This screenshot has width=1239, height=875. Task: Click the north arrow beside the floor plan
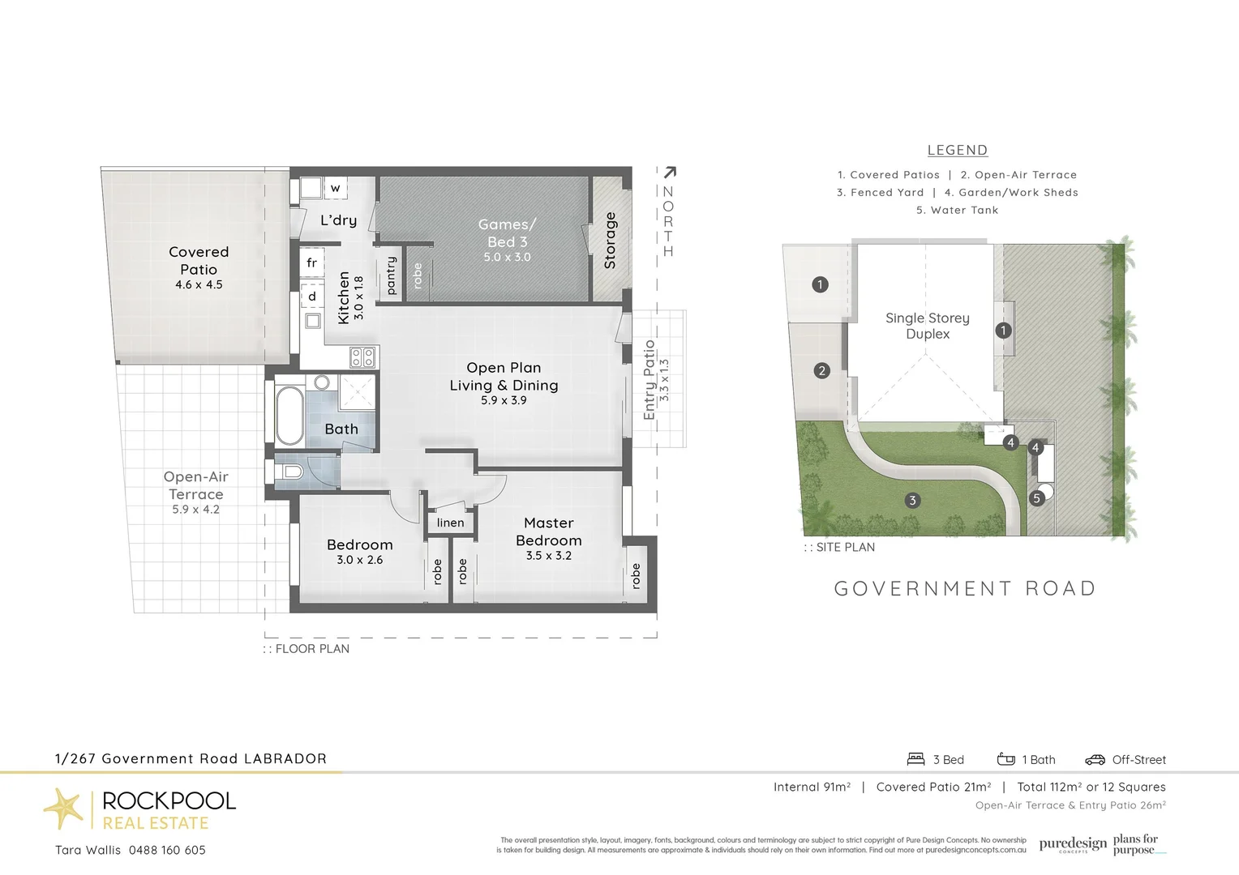[x=670, y=173]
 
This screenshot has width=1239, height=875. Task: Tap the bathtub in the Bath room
[x=289, y=415]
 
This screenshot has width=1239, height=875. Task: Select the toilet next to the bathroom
[x=293, y=472]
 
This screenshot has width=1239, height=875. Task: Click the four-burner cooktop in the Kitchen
[x=362, y=356]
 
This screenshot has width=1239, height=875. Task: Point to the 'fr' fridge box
[x=311, y=262]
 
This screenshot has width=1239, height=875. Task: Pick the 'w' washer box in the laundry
[x=335, y=189]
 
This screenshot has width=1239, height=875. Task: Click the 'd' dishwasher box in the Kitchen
[x=311, y=297]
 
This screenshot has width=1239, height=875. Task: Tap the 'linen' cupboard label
[x=450, y=523]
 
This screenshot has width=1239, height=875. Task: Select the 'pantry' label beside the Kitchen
[x=391, y=275]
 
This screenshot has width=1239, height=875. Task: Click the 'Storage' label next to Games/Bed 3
[x=611, y=240]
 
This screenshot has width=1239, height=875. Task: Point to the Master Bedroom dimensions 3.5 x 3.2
[x=549, y=556]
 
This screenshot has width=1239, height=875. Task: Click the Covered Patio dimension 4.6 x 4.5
[x=199, y=284]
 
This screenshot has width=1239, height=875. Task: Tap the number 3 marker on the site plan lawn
[x=912, y=500]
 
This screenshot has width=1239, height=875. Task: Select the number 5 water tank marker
[x=1036, y=498]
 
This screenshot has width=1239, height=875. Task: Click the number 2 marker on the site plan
[x=821, y=370]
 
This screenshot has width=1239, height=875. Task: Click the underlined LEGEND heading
[x=957, y=150]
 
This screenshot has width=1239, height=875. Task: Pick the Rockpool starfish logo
[x=63, y=808]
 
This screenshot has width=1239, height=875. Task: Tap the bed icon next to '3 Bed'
[x=915, y=759]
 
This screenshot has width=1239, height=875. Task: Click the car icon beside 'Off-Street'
[x=1095, y=759]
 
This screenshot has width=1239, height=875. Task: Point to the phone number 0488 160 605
[x=167, y=850]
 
